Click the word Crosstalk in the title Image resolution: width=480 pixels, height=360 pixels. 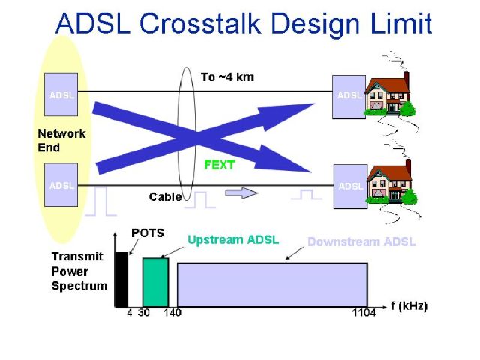click(200, 23)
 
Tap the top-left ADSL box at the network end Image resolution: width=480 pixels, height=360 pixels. click(61, 94)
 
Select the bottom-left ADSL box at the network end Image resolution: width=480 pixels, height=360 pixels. click(61, 185)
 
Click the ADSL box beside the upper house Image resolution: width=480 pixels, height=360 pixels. click(349, 97)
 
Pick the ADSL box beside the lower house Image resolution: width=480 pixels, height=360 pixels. click(350, 187)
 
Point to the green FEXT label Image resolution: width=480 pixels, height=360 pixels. click(220, 165)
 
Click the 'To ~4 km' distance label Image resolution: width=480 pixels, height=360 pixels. click(227, 77)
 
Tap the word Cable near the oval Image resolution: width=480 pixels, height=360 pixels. click(165, 196)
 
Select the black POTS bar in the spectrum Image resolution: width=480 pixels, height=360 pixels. click(121, 279)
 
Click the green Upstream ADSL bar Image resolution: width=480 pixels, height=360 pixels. click(155, 282)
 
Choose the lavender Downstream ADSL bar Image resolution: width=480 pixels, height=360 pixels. click(272, 284)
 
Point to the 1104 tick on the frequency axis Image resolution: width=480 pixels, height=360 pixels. click(364, 313)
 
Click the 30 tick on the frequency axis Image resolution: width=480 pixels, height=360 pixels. click(143, 313)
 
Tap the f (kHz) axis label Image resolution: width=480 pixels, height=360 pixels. click(409, 306)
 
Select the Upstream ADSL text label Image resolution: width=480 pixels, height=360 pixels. click(233, 240)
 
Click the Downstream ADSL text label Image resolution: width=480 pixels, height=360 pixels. click(361, 241)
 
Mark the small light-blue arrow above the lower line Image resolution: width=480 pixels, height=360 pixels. click(241, 193)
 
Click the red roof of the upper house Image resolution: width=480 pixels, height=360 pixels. click(388, 85)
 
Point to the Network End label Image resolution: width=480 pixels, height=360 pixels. click(61, 141)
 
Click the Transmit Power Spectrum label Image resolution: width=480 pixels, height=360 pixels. click(79, 271)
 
